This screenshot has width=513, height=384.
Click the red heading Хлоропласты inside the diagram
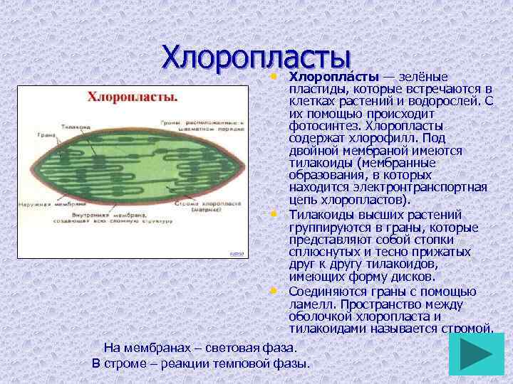coord(133,97)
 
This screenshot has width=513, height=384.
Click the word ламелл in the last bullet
coord(311,304)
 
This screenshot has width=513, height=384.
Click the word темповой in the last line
coord(239,363)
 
